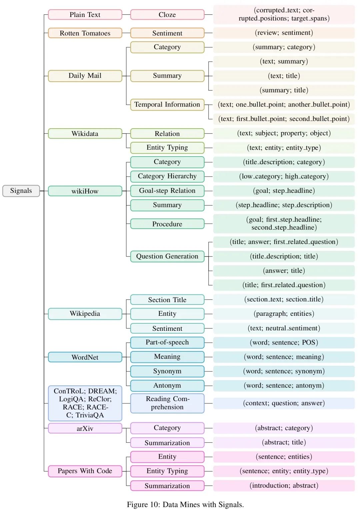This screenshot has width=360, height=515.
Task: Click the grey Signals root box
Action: click(x=21, y=191)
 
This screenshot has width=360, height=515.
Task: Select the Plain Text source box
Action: click(x=85, y=15)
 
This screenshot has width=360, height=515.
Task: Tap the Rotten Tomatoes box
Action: click(x=85, y=33)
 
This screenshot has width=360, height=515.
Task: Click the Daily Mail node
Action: click(x=85, y=76)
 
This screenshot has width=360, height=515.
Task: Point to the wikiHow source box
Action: click(x=85, y=191)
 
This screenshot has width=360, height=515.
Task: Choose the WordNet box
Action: click(x=85, y=357)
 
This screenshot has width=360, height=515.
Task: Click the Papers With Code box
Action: click(x=85, y=471)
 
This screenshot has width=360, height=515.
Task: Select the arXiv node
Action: click(x=85, y=428)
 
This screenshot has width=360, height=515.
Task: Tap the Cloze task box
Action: click(x=167, y=15)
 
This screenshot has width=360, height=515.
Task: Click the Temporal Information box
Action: click(x=167, y=105)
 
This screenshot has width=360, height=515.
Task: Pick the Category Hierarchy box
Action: click(x=167, y=176)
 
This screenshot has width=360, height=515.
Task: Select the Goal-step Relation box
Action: click(x=167, y=191)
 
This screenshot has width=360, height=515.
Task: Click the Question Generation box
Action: click(x=167, y=257)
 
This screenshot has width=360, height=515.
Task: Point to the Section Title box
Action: click(x=167, y=300)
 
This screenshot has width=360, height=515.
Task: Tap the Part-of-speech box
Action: click(x=167, y=342)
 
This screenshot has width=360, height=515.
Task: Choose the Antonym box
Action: click(x=167, y=385)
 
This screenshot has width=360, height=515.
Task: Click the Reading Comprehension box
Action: click(x=167, y=403)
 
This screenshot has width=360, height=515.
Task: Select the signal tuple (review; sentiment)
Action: click(x=284, y=33)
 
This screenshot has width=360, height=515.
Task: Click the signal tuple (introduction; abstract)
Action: click(x=284, y=485)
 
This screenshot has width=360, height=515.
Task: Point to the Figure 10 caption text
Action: click(x=185, y=505)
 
